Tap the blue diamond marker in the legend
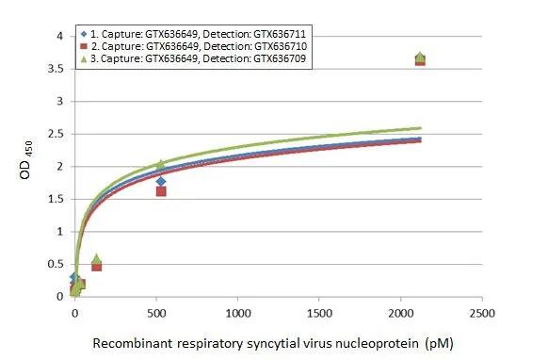[83, 32]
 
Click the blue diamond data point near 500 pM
[161, 181]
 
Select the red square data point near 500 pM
[161, 191]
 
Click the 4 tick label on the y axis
[59, 37]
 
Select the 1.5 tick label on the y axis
[56, 199]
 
